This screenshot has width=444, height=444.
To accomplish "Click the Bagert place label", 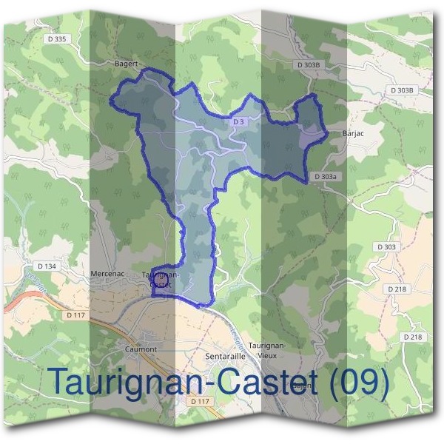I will tap(127, 64).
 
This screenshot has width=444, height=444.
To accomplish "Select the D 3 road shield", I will tap(238, 121).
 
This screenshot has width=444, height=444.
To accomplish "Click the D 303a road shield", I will tap(326, 177).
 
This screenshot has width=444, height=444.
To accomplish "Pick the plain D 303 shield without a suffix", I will tap(386, 246).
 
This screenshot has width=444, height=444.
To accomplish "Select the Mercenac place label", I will tap(107, 273).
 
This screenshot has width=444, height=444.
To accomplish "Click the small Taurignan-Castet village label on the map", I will tap(160, 279).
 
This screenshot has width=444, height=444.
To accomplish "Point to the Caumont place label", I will tap(141, 349).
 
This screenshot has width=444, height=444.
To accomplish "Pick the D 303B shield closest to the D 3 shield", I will tap(309, 65).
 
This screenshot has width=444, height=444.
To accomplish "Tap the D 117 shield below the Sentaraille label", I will tap(200, 401).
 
